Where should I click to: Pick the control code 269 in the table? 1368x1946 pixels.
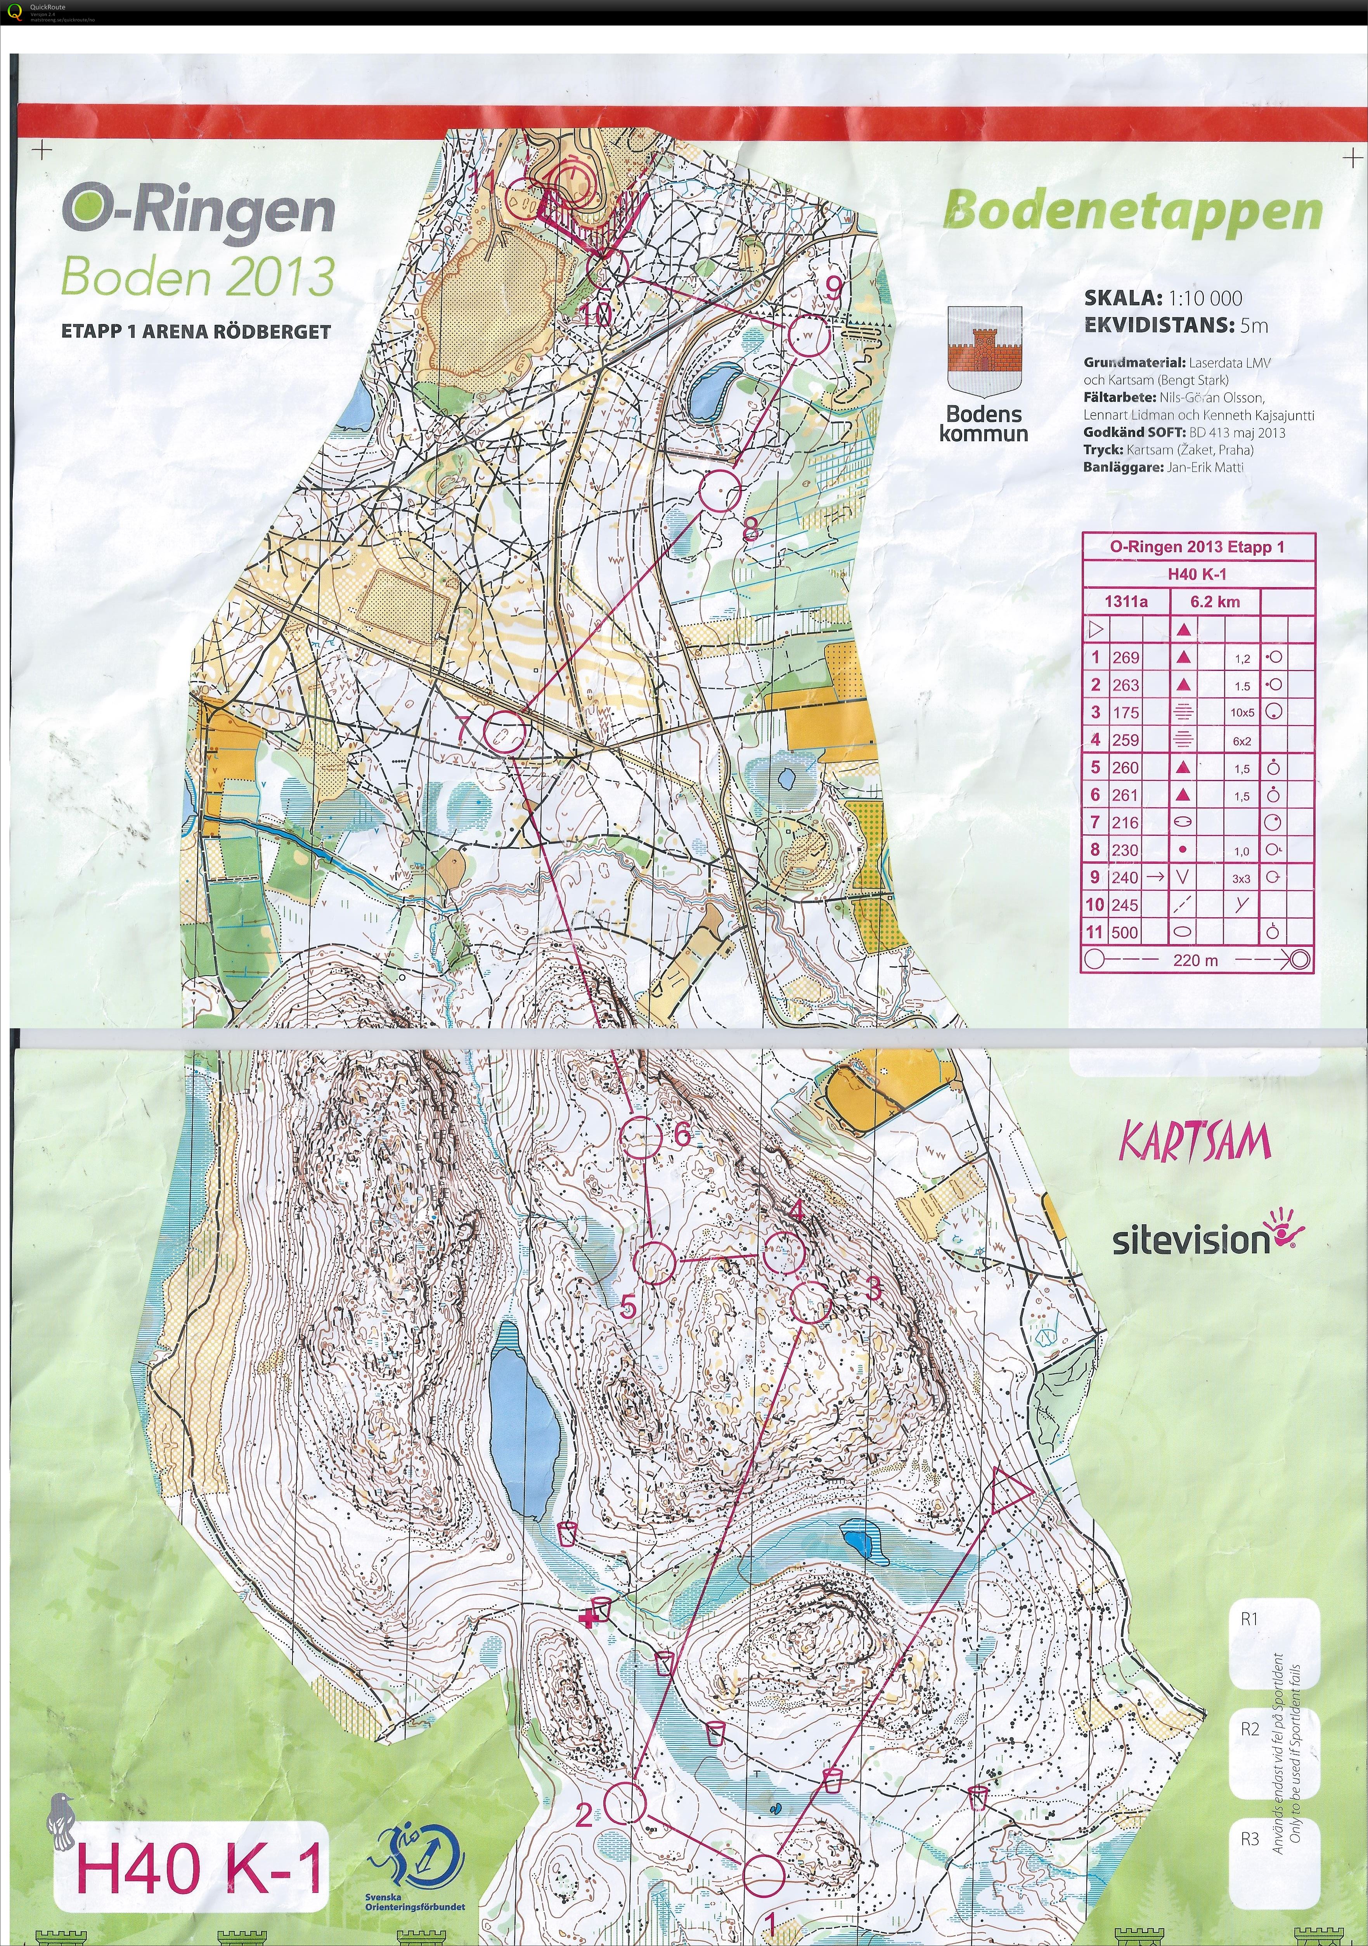coord(1126,658)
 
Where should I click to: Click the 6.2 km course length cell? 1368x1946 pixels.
coord(1215,602)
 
